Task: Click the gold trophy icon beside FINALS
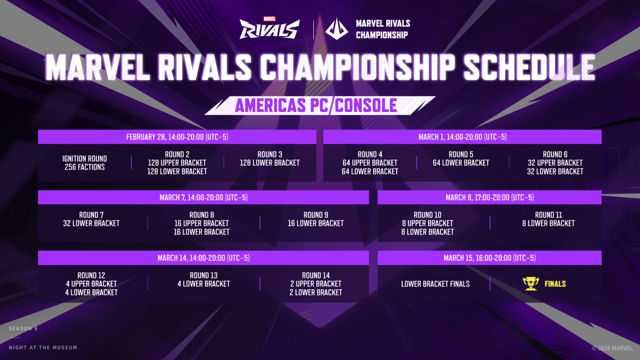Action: pyautogui.click(x=530, y=284)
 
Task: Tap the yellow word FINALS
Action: pyautogui.click(x=555, y=284)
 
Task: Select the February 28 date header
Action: pyautogui.click(x=177, y=137)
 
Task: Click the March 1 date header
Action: pyautogui.click(x=462, y=137)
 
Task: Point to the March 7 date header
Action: pyautogui.click(x=204, y=197)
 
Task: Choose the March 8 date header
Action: pyautogui.click(x=489, y=197)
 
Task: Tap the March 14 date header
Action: pyautogui.click(x=204, y=258)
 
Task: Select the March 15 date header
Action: pyautogui.click(x=489, y=258)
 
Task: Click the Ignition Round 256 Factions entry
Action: pyautogui.click(x=84, y=163)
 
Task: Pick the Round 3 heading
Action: pyautogui.click(x=270, y=155)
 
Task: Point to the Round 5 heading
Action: pyautogui.click(x=461, y=155)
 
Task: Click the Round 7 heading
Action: pyautogui.click(x=91, y=215)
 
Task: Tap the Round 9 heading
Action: pyautogui.click(x=316, y=215)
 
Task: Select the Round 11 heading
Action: pyautogui.click(x=548, y=215)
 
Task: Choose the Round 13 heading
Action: pyautogui.click(x=204, y=276)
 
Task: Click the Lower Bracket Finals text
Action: pyautogui.click(x=435, y=284)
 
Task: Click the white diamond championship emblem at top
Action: pyautogui.click(x=336, y=29)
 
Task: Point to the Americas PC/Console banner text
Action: pyautogui.click(x=316, y=106)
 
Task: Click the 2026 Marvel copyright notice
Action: pyautogui.click(x=612, y=348)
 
